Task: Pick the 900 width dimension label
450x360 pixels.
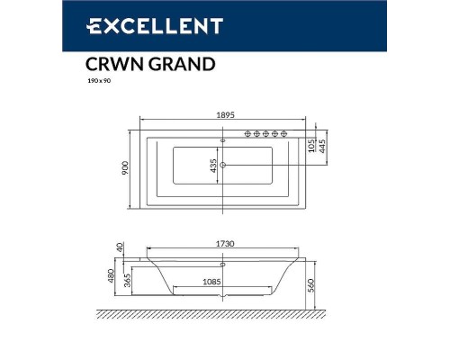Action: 127,167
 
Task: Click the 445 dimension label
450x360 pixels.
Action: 322,148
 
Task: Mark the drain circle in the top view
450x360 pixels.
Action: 224,165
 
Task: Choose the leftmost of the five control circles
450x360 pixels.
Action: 246,134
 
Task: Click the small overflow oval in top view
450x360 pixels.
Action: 224,139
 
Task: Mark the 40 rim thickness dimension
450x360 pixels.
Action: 126,246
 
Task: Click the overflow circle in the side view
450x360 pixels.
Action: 224,265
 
